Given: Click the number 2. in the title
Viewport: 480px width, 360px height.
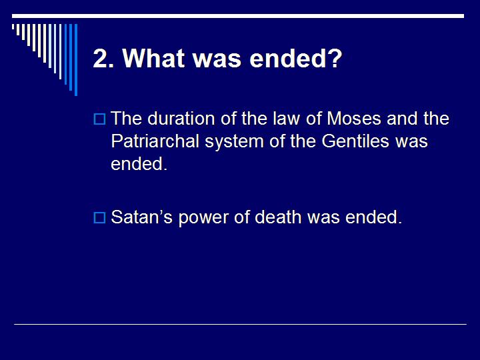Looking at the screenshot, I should (x=103, y=59).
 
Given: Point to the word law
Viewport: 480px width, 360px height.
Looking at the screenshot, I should (x=264, y=119).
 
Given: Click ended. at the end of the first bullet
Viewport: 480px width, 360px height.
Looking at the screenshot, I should (x=139, y=165).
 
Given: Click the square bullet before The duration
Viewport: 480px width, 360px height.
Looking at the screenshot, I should (x=99, y=120).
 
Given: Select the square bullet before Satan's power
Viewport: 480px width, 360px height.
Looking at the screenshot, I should (x=99, y=218).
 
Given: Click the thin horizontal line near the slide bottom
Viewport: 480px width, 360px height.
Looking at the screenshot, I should (x=240, y=325).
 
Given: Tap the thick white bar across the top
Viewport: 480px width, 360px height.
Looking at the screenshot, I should (x=240, y=15).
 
